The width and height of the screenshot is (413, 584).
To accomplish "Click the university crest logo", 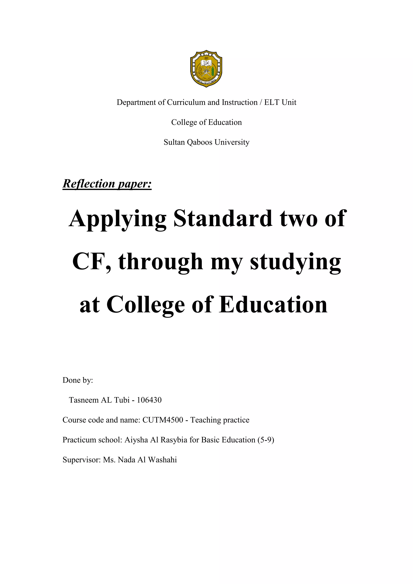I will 206,68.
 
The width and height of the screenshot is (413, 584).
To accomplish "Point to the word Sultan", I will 174,142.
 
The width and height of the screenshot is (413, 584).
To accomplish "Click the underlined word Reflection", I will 89,184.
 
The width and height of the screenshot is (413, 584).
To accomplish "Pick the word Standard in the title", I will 223,219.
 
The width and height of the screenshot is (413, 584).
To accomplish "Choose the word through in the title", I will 161,262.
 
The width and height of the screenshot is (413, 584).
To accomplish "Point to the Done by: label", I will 78,380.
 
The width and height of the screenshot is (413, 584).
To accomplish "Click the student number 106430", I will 149,400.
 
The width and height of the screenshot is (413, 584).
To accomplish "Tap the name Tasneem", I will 84,400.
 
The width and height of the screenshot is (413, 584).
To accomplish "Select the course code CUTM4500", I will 163,420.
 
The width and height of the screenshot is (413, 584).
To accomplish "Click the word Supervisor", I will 82,460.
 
